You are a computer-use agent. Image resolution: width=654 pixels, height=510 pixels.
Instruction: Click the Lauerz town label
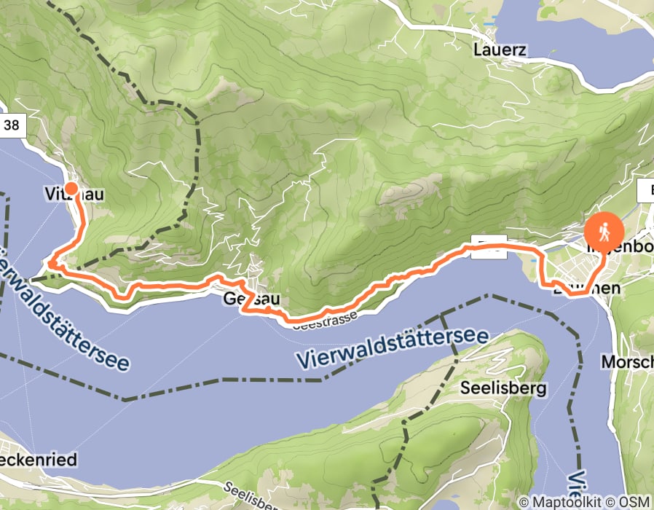[499, 50]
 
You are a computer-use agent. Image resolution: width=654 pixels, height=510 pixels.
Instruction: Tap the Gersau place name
[242, 299]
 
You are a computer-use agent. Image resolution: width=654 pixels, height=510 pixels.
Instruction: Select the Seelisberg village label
[503, 388]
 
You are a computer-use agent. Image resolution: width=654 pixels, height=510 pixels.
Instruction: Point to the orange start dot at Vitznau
[71, 189]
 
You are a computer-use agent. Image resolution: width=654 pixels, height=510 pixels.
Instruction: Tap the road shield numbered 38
[12, 125]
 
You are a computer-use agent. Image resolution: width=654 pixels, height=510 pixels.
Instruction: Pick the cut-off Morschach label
[627, 362]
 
